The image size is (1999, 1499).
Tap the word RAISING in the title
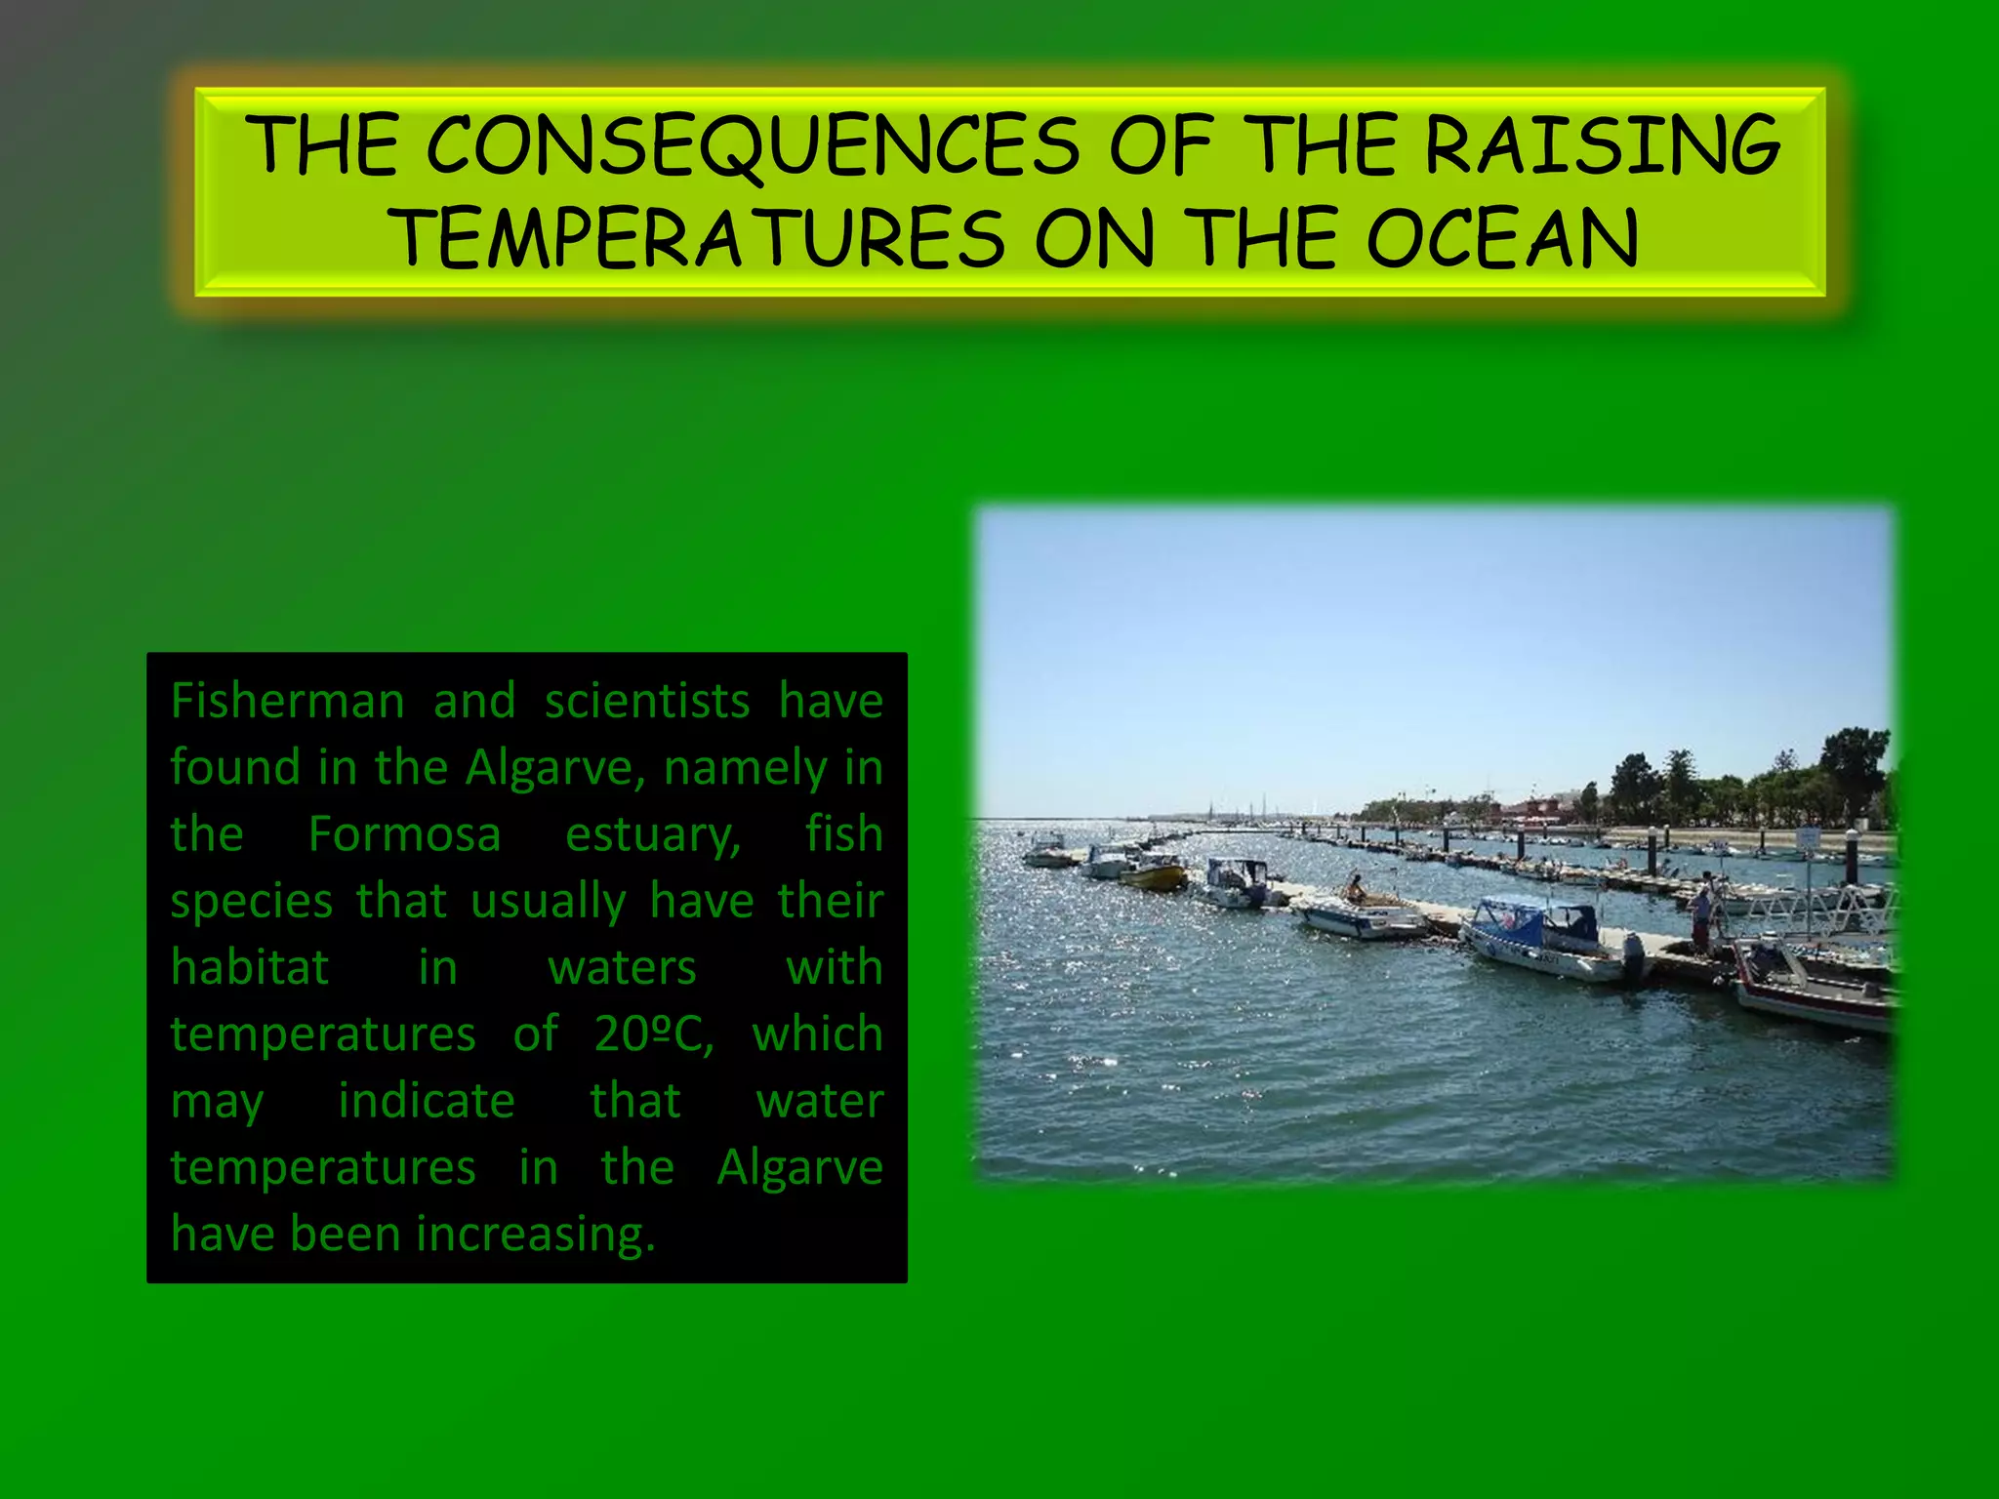pos(1603,146)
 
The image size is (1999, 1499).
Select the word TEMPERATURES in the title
pos(699,239)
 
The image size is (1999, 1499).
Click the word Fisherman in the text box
pos(287,702)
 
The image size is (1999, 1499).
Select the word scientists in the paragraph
pos(647,702)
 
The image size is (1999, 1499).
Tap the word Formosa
pos(404,834)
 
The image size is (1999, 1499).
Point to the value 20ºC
pos(652,1033)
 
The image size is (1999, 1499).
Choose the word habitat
pos(250,967)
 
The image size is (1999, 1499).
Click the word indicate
pos(426,1101)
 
